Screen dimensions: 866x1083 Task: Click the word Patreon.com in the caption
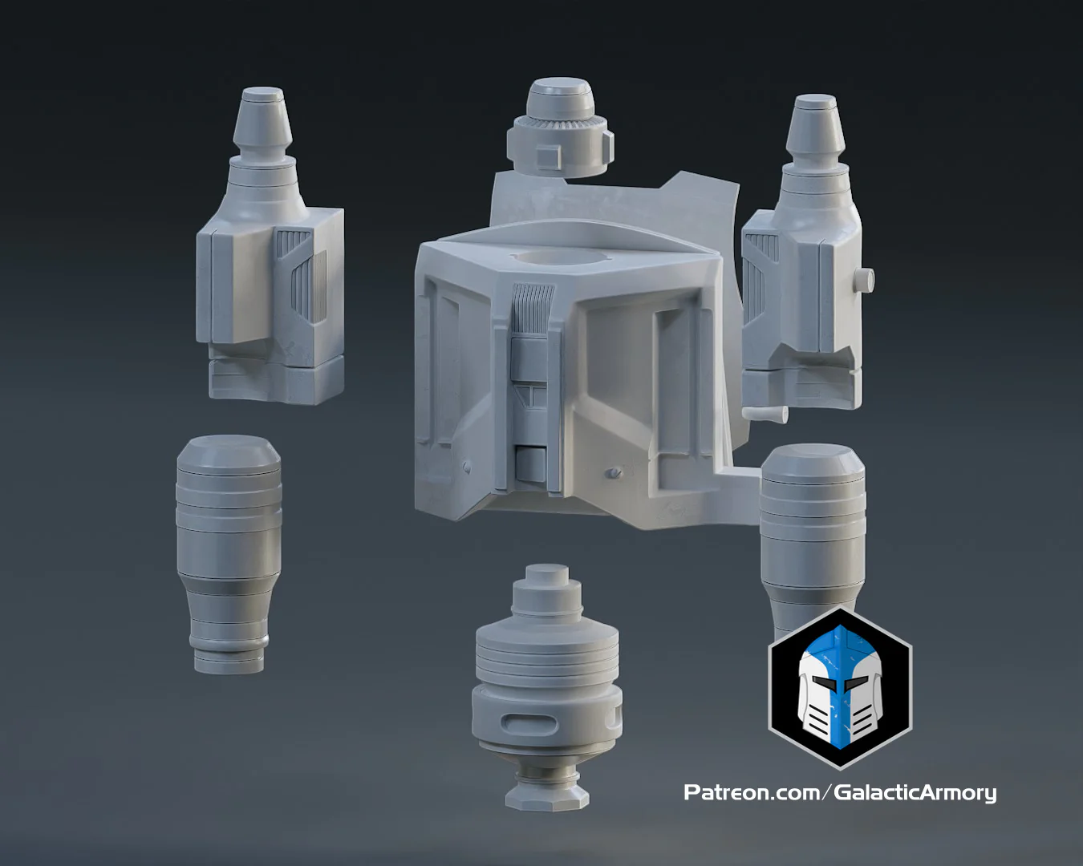pyautogui.click(x=751, y=792)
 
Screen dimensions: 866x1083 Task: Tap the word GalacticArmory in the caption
pyautogui.click(x=915, y=792)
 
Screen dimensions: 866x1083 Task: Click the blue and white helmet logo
pyautogui.click(x=840, y=688)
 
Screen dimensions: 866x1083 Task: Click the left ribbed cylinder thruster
pyautogui.click(x=229, y=552)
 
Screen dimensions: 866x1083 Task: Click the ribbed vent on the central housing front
pyautogui.click(x=530, y=308)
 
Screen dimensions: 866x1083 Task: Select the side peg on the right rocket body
pyautogui.click(x=865, y=280)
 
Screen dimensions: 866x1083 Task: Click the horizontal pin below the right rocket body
pyautogui.click(x=765, y=414)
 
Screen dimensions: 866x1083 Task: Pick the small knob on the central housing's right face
pyautogui.click(x=614, y=473)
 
